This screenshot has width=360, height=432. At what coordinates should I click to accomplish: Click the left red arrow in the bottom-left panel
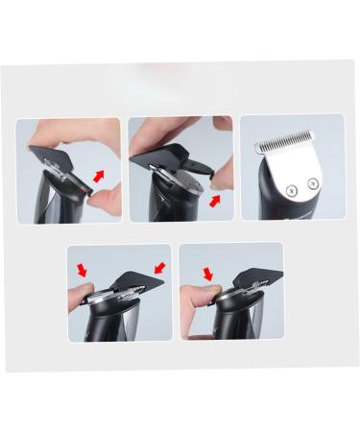click(84, 272)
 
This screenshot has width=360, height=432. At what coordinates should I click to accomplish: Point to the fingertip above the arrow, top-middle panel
click(222, 173)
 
